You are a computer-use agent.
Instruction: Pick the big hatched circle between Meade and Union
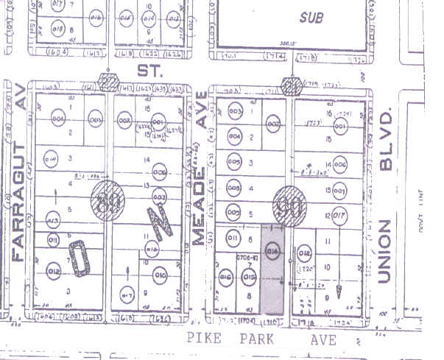[x=288, y=203]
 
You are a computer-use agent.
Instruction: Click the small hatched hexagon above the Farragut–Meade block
[x=109, y=82]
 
